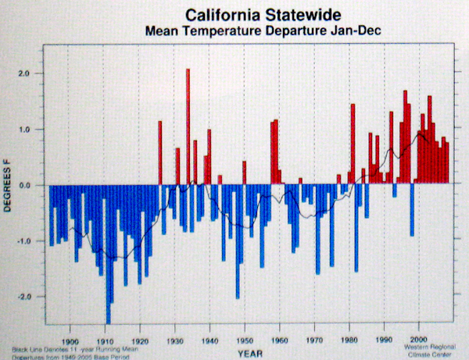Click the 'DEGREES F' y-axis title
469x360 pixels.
9,186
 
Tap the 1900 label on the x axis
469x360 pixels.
70,340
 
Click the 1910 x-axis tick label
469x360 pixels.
106,340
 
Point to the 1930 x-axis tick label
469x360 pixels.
176,340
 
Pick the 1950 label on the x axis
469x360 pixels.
245,340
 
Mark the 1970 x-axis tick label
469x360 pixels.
314,340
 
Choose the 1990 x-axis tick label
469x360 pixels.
385,340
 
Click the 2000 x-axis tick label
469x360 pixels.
419,340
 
